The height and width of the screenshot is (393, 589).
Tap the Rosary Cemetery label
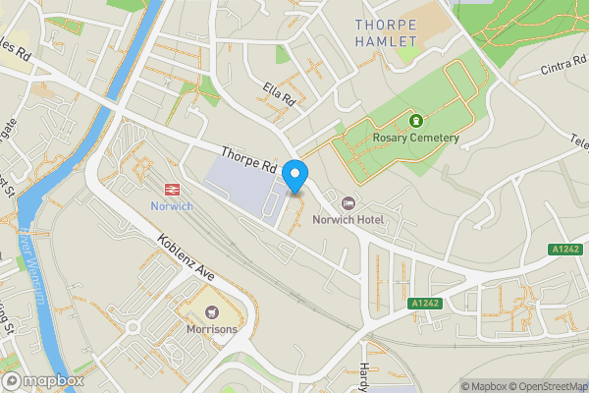[416, 138]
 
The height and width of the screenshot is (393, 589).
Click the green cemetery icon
[415, 120]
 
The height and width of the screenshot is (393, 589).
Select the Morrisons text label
[212, 329]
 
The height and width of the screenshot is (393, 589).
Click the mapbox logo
[42, 380]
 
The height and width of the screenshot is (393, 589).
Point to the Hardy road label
[365, 368]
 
